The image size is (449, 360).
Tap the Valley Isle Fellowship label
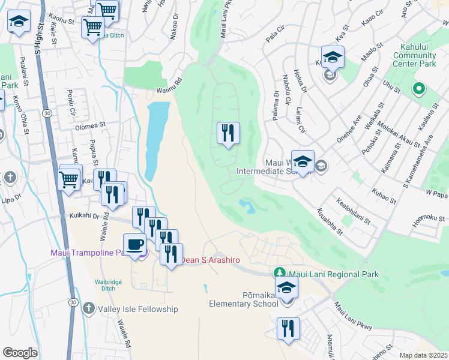[x=139, y=309]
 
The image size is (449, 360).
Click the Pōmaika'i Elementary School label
[x=243, y=299]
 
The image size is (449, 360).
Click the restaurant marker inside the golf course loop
[x=228, y=132]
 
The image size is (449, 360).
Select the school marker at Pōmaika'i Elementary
[x=287, y=287]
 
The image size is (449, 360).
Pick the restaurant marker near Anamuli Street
[x=289, y=328]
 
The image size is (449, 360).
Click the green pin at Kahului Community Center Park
[x=419, y=90]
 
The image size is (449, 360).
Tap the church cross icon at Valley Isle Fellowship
[x=88, y=308]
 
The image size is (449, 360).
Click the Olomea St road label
[x=90, y=127]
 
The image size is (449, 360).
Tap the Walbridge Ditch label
[x=109, y=284]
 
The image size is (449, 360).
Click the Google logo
[x=20, y=353]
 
